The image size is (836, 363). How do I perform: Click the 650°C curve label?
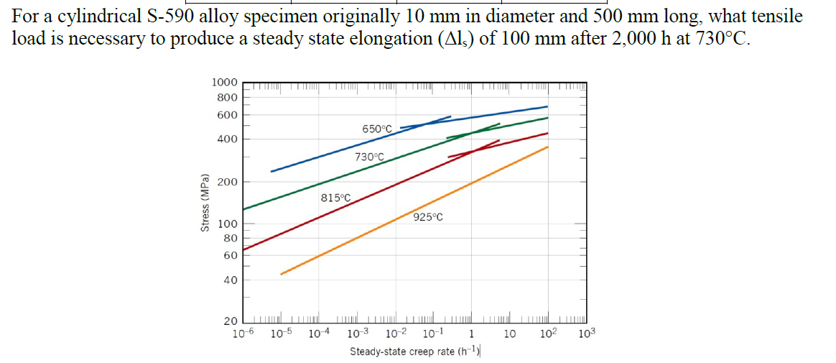click(378, 129)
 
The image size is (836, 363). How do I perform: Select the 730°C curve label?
click(370, 157)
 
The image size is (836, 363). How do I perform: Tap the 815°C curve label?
click(335, 198)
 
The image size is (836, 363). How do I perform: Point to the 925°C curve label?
click(428, 217)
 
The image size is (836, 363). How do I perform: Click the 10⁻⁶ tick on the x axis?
click(244, 334)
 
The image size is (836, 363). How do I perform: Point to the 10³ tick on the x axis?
click(587, 334)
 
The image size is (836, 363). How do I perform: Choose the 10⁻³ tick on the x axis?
click(357, 334)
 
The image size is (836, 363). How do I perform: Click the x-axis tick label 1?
click(471, 334)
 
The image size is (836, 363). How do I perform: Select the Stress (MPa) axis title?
click(205, 203)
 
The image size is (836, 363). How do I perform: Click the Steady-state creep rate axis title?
click(414, 351)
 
